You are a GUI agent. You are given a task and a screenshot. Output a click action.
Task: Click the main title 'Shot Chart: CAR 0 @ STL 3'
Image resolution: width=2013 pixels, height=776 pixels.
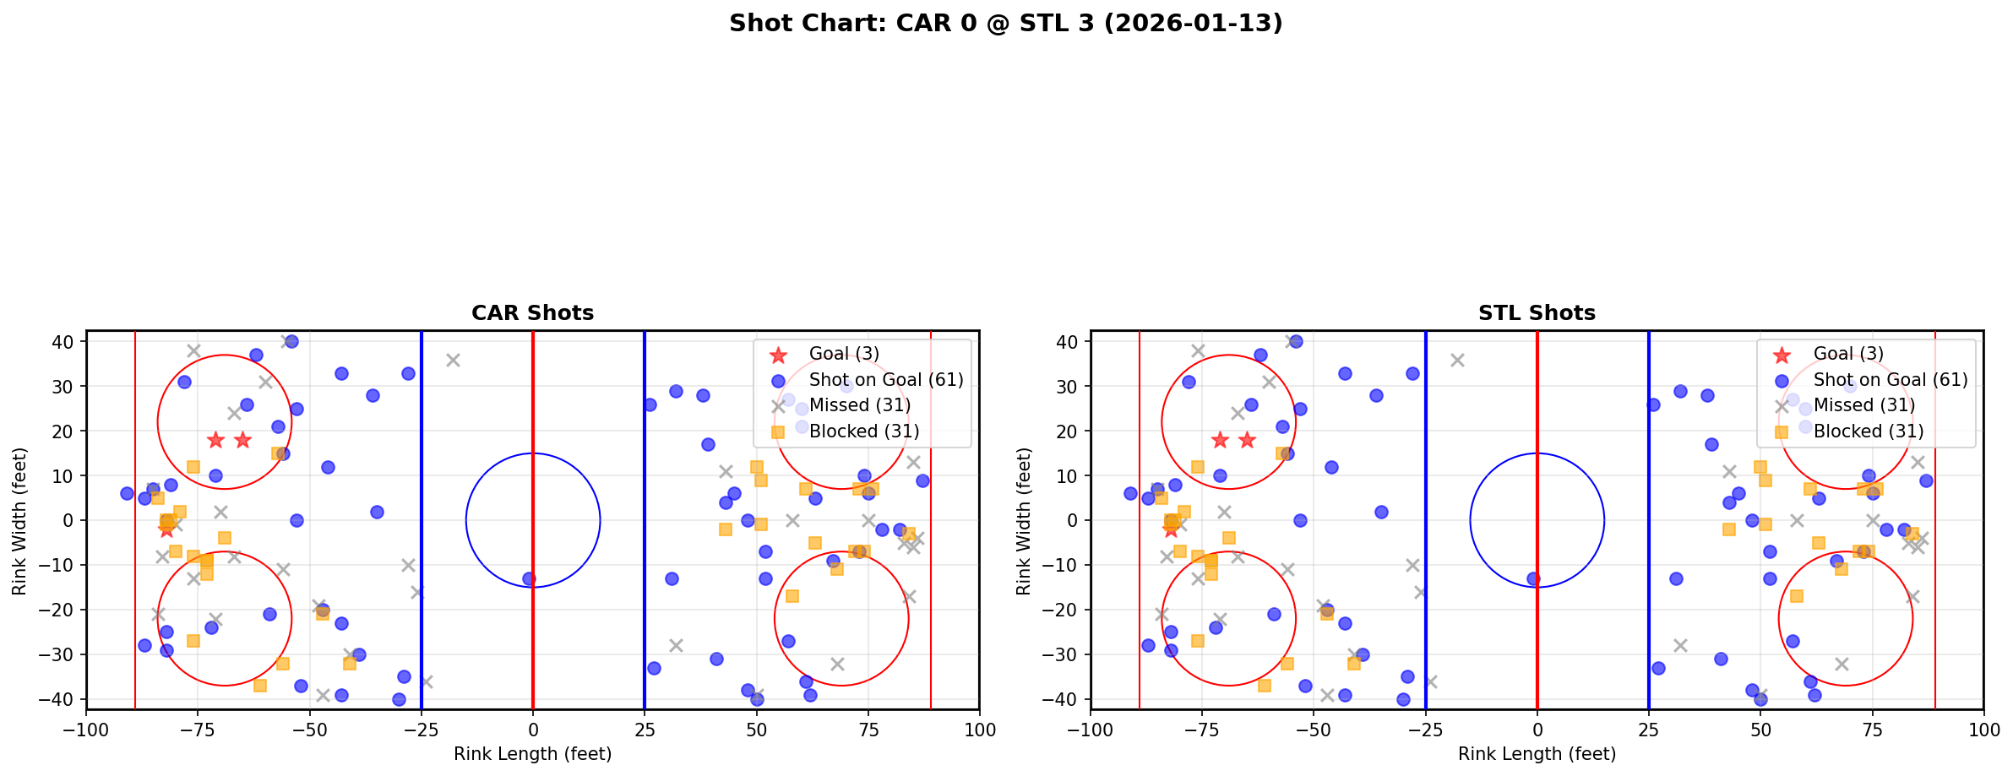pyautogui.click(x=1005, y=24)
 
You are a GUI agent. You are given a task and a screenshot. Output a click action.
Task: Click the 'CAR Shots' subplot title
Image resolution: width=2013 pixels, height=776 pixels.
pyautogui.click(x=532, y=313)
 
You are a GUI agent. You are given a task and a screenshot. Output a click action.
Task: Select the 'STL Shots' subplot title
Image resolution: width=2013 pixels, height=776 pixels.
pyautogui.click(x=1537, y=313)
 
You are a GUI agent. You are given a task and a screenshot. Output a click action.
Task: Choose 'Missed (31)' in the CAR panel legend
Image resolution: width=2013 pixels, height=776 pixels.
pyautogui.click(x=859, y=405)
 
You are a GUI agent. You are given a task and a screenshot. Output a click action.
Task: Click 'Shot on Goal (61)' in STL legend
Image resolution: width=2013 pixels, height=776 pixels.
pyautogui.click(x=1891, y=380)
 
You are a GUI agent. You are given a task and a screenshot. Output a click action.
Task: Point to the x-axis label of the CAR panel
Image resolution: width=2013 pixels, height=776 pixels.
pyautogui.click(x=532, y=754)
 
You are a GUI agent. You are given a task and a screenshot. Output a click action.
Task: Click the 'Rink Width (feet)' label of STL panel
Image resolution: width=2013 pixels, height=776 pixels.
pyautogui.click(x=1024, y=521)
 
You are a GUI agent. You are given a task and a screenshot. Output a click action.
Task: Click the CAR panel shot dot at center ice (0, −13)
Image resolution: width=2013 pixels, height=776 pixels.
pyautogui.click(x=529, y=579)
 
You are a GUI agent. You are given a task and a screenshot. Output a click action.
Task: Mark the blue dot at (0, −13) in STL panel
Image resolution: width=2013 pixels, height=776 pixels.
pyautogui.click(x=1533, y=579)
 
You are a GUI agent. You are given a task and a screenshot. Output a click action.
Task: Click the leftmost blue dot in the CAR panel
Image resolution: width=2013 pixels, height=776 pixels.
pyautogui.click(x=127, y=493)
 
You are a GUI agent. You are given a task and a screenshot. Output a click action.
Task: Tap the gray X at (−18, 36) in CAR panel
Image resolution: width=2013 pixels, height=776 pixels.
pyautogui.click(x=453, y=361)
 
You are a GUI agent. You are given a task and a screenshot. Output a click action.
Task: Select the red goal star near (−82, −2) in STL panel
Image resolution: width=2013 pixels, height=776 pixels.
pyautogui.click(x=1171, y=529)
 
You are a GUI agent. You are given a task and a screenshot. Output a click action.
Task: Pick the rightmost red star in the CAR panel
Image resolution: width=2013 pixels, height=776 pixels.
pyautogui.click(x=242, y=440)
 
